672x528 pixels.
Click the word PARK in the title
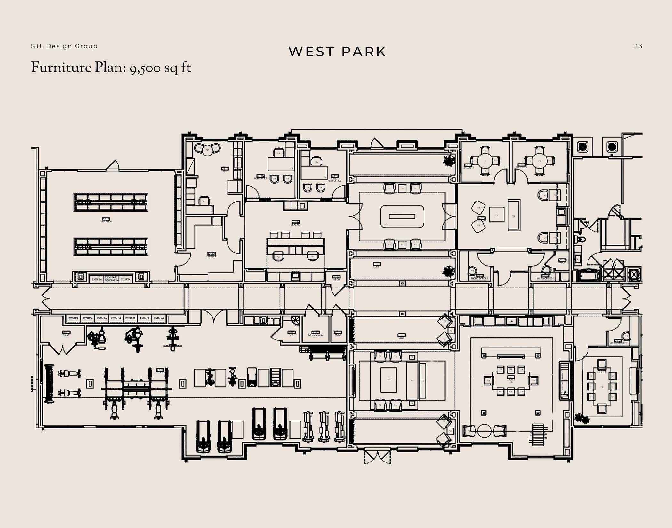tap(364, 52)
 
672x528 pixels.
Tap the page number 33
tap(638, 46)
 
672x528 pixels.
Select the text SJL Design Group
tap(64, 46)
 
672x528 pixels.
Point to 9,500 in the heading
tap(145, 68)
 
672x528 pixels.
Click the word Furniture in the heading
tap(61, 68)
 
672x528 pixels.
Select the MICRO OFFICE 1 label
tap(479, 278)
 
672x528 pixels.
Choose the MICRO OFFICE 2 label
tap(545, 278)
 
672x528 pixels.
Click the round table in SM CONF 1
tap(484, 161)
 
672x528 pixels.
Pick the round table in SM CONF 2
tap(539, 161)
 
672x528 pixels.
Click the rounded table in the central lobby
tap(402, 217)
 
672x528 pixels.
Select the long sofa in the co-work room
tap(514, 215)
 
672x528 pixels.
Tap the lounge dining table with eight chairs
tap(511, 380)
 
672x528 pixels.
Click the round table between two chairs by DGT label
tap(207, 150)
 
